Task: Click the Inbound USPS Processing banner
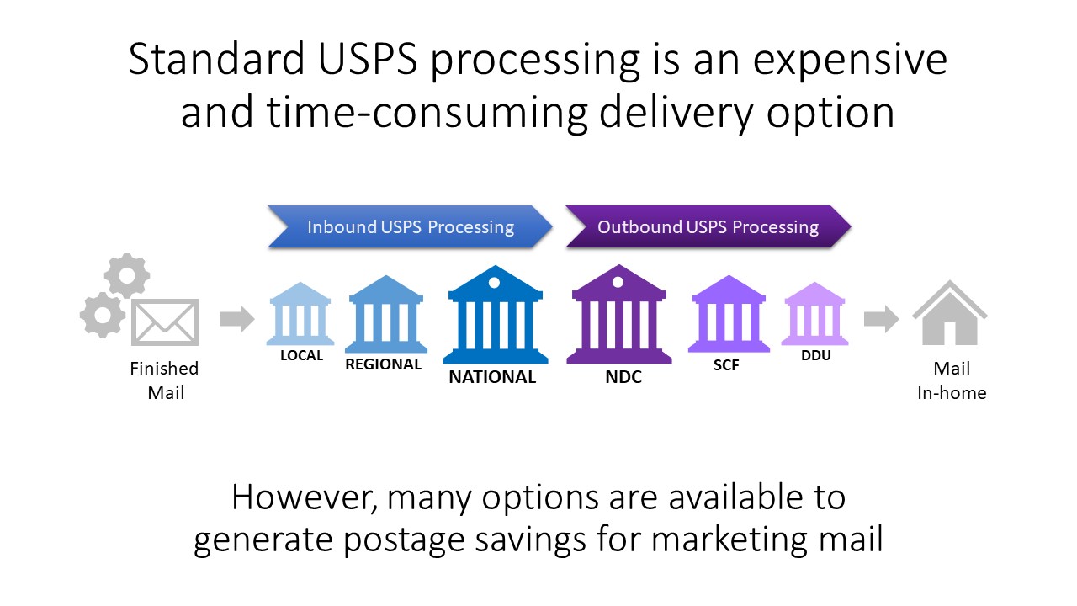[x=410, y=226]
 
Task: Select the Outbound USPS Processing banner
[x=708, y=226]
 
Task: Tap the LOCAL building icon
[x=300, y=314]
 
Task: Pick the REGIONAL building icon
[x=386, y=314]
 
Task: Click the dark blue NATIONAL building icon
[x=496, y=315]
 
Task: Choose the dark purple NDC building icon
[x=618, y=315]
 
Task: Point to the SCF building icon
[x=729, y=314]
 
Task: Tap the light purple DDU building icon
[x=814, y=314]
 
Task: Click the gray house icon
[x=950, y=313]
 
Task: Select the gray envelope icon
[x=165, y=322]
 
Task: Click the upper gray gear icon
[x=127, y=275]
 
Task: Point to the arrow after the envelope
[x=236, y=319]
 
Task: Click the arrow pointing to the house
[x=881, y=319]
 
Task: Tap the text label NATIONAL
[x=492, y=377]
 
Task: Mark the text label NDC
[x=623, y=377]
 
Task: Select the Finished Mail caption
[x=164, y=380]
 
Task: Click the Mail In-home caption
[x=952, y=380]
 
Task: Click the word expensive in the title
[x=850, y=60]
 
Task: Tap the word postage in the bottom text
[x=404, y=540]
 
